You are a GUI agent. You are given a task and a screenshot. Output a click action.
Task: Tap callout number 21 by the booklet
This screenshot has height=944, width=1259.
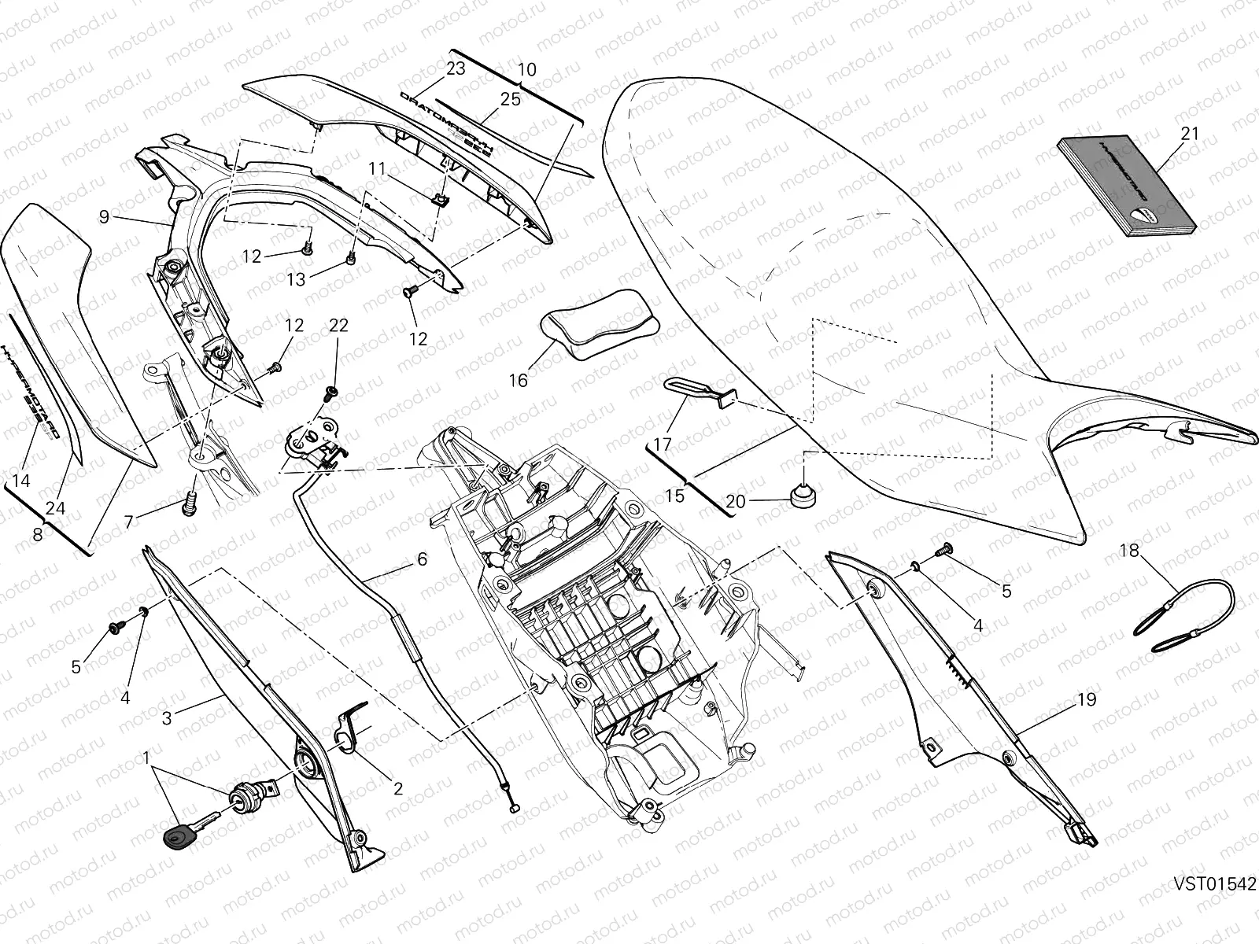point(1190,134)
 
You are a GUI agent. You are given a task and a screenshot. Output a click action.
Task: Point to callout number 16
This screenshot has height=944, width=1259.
point(518,381)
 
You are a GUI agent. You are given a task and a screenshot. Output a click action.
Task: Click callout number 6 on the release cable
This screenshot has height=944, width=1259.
point(422,559)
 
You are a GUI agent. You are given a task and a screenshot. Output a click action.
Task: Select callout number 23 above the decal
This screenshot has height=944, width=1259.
point(456,68)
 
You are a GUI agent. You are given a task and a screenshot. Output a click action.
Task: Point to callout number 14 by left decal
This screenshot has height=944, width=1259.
point(21,480)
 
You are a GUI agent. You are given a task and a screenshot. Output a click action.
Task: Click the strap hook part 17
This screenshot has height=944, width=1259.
point(699,391)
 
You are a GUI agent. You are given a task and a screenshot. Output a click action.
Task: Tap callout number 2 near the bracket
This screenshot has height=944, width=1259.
point(397,787)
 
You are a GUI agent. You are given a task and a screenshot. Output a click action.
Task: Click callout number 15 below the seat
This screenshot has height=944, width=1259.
point(674,496)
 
